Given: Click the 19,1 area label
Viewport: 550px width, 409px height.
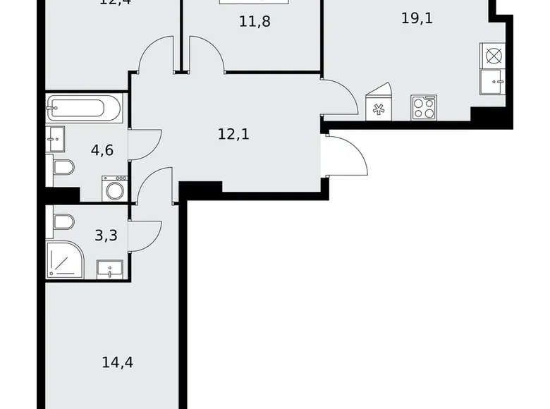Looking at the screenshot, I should pyautogui.click(x=417, y=18).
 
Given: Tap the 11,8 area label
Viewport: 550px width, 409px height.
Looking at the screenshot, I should pyautogui.click(x=255, y=21).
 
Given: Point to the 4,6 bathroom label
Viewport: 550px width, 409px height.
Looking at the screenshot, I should pyautogui.click(x=102, y=149).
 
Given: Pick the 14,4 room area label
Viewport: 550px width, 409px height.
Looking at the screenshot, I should pyautogui.click(x=118, y=363).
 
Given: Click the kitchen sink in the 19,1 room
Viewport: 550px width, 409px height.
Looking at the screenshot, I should pyautogui.click(x=492, y=82).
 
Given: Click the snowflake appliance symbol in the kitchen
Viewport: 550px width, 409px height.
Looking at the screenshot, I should pyautogui.click(x=379, y=108).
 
